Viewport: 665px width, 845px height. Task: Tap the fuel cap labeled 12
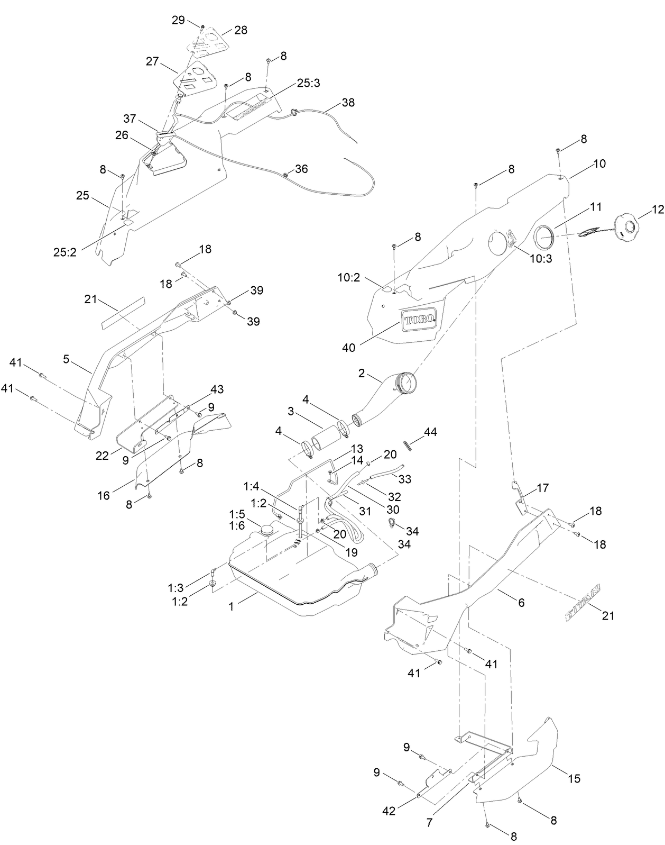[x=629, y=228]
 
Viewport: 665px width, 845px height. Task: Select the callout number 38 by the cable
[x=348, y=102]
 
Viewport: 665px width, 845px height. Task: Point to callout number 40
[x=349, y=348]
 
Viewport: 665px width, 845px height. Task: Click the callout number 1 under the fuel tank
[x=231, y=606]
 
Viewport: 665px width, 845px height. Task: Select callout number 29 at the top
[x=178, y=20]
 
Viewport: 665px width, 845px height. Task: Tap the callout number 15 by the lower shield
[x=574, y=778]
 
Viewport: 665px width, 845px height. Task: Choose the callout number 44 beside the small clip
[x=430, y=432]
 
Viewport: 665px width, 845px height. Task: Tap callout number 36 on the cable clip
[x=301, y=169]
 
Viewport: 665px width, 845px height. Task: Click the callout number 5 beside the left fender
[x=66, y=359]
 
